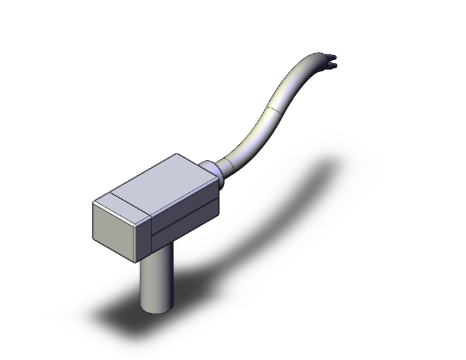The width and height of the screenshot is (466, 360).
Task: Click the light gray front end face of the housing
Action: (x=115, y=231)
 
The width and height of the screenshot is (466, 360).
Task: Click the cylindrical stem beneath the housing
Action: (x=156, y=282)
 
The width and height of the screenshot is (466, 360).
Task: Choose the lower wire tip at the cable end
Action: (x=334, y=64)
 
